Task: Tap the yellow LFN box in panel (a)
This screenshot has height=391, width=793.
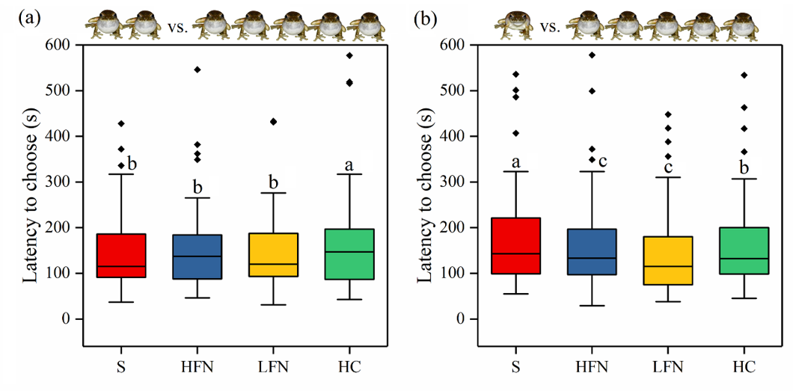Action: point(274,255)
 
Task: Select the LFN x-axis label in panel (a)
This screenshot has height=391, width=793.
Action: point(274,367)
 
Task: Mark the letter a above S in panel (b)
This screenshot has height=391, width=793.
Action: point(515,162)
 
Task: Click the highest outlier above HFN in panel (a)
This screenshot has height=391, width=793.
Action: point(198,70)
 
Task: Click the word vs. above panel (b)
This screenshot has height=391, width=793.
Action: point(550,28)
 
